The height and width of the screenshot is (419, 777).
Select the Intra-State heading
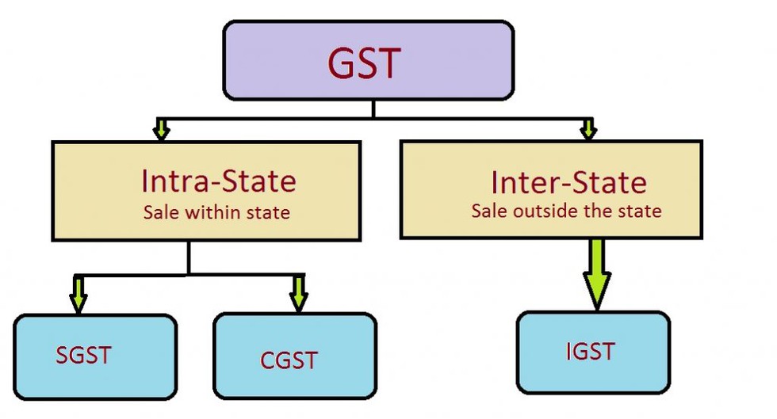pos(218,181)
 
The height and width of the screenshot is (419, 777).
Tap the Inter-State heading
pos(568,183)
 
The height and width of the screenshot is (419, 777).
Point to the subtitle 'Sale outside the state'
pos(566,211)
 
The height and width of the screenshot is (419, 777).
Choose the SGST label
pos(83,355)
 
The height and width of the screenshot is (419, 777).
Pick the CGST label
pos(289,360)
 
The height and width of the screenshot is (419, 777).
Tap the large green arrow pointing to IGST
pos(595,274)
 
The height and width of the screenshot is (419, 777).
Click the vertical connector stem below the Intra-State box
pos(189,257)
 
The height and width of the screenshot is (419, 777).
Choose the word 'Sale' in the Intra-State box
pos(157,212)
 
